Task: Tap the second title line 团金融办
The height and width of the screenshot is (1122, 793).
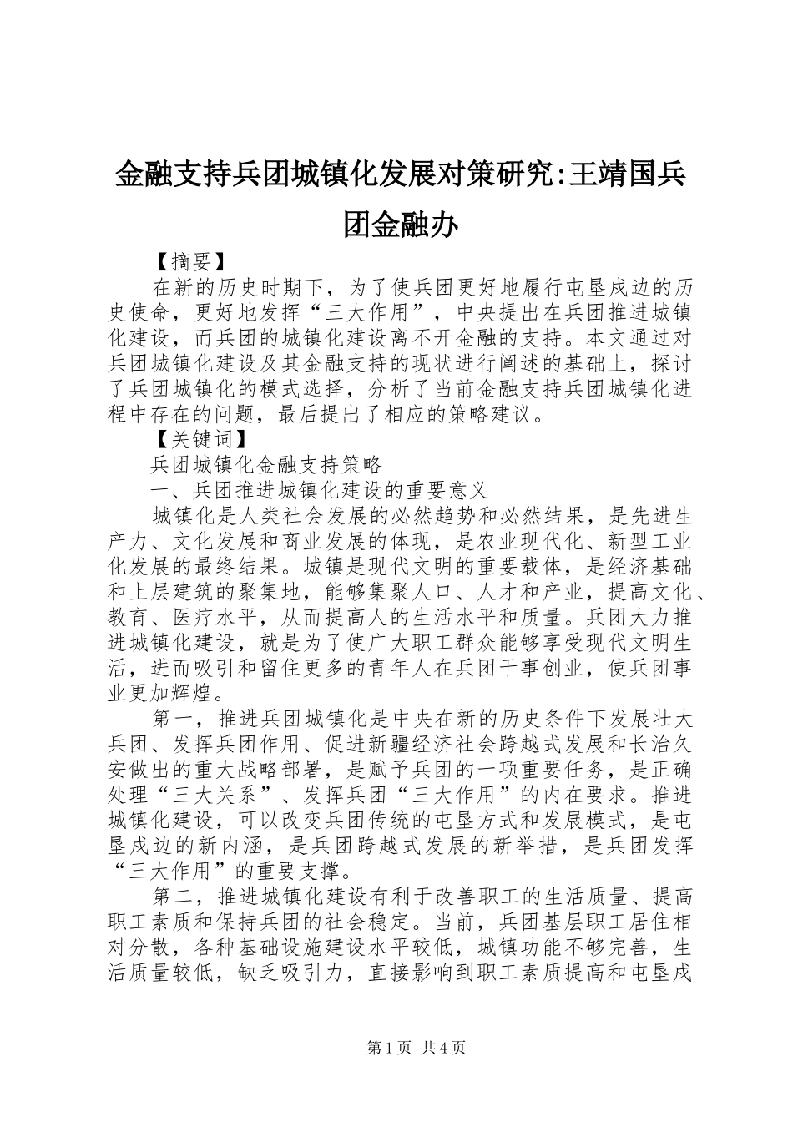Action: click(400, 224)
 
